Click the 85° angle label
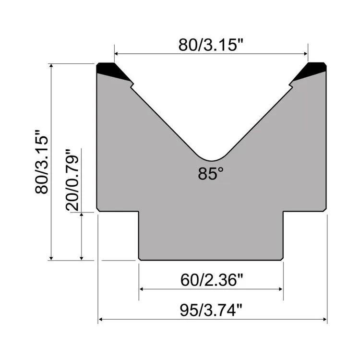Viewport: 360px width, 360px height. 211,173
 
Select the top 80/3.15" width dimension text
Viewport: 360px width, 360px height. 211,45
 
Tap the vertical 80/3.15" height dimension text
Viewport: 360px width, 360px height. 42,162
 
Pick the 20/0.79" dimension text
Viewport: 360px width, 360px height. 72,180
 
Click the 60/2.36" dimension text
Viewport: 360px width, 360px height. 212,280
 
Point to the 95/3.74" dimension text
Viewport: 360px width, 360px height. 211,310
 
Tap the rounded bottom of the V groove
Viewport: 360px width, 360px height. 212,159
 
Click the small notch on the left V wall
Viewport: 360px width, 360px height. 132,85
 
